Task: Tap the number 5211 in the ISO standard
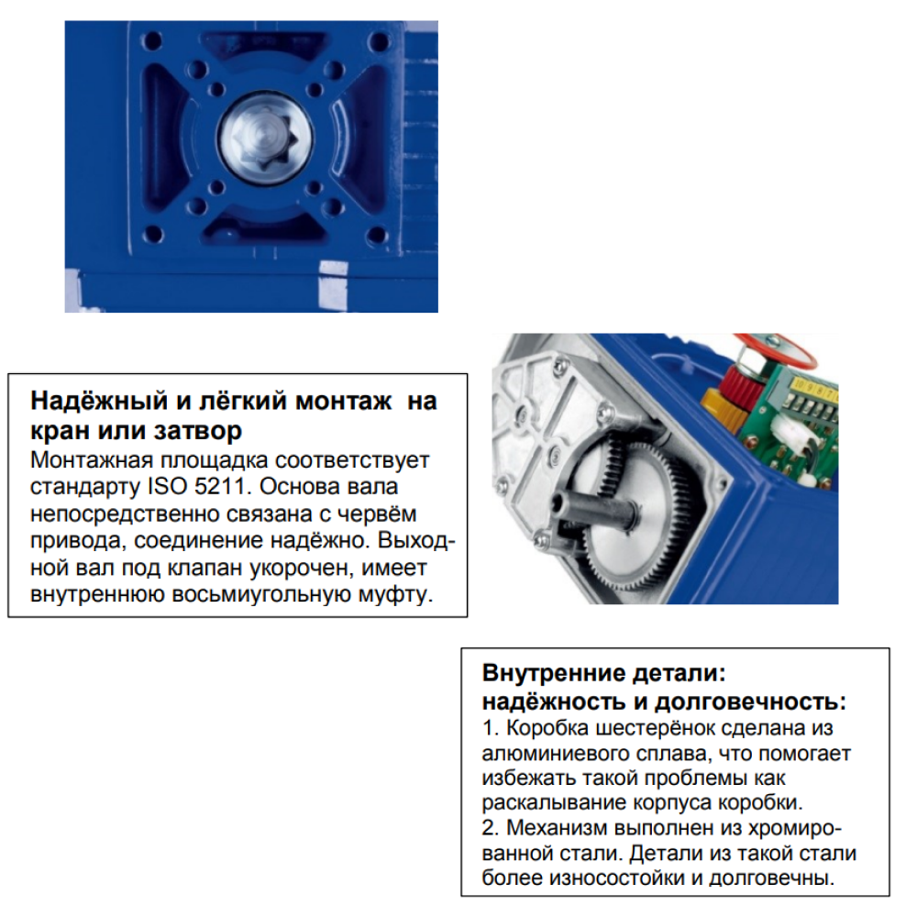click(224, 487)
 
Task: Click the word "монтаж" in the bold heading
click(343, 402)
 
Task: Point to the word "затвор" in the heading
click(198, 431)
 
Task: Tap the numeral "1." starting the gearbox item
click(491, 728)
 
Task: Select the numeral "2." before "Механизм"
click(492, 828)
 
